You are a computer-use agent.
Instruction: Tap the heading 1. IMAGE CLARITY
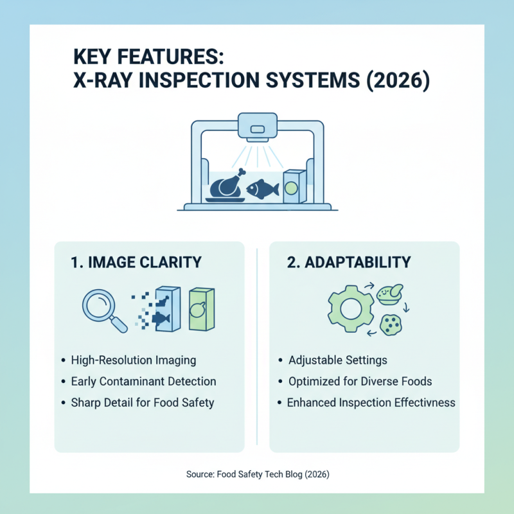coord(136,262)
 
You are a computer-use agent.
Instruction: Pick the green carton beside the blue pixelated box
coord(200,309)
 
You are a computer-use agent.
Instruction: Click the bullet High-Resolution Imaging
coord(134,360)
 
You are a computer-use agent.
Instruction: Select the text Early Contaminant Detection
coord(143,382)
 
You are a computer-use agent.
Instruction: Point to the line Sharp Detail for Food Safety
coord(143,403)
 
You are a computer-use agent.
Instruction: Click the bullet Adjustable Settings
coord(338,360)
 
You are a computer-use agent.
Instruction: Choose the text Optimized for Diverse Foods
coord(360,382)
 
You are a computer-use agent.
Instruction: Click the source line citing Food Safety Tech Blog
coord(257,474)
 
